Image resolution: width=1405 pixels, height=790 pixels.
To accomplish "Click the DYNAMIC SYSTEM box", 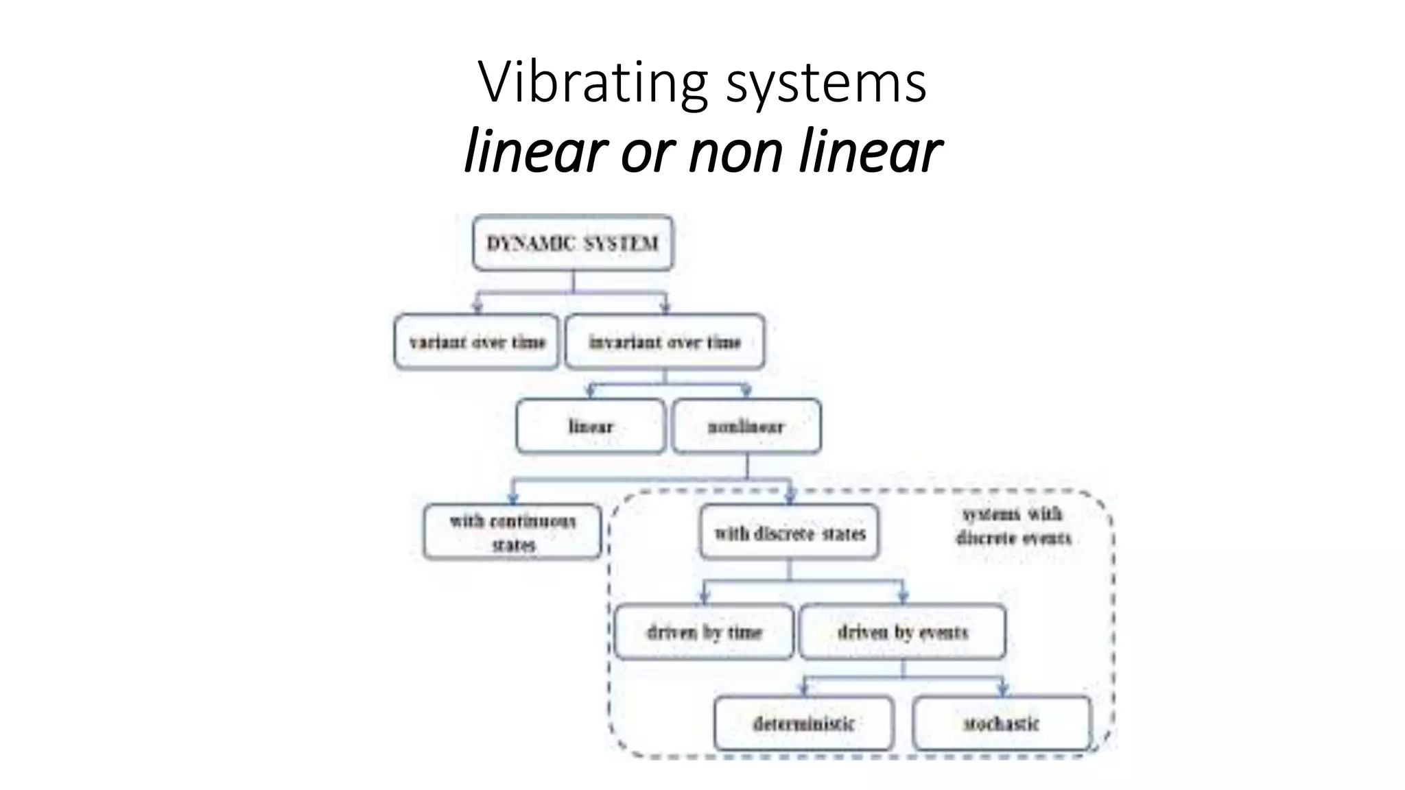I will [x=573, y=243].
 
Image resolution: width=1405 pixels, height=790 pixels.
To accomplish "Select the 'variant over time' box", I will [x=477, y=342].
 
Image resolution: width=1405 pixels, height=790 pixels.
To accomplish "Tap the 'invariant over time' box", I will [x=664, y=342].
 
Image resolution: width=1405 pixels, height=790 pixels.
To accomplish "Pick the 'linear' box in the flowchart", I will [x=591, y=427].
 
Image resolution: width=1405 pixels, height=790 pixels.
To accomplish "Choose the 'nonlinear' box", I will [x=746, y=427].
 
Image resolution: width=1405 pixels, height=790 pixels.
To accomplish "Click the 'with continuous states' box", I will [x=512, y=533].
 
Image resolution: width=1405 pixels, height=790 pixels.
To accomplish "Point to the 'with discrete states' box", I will [x=790, y=533].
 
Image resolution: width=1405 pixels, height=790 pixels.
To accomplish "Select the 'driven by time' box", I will [x=704, y=632].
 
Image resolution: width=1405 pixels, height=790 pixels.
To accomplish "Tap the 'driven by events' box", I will [x=902, y=632].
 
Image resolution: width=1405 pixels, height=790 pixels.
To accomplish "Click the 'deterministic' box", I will [x=803, y=723].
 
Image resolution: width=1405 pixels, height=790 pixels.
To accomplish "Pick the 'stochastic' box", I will [x=1001, y=723].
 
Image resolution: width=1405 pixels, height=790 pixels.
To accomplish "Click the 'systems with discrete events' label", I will [x=1013, y=526].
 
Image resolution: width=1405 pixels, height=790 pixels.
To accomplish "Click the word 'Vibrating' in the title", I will [x=593, y=82].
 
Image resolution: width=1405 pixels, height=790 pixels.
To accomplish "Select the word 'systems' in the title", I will [x=826, y=82].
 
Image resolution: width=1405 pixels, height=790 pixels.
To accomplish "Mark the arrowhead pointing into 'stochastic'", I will [x=1002, y=689].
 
